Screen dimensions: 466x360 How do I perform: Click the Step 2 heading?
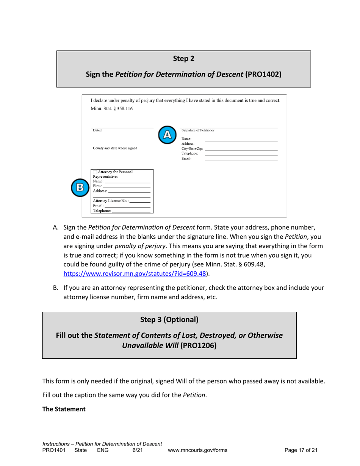[184, 58]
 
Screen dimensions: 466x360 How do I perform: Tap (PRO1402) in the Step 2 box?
[263, 74]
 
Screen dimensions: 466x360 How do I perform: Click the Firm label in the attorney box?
[97, 186]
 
